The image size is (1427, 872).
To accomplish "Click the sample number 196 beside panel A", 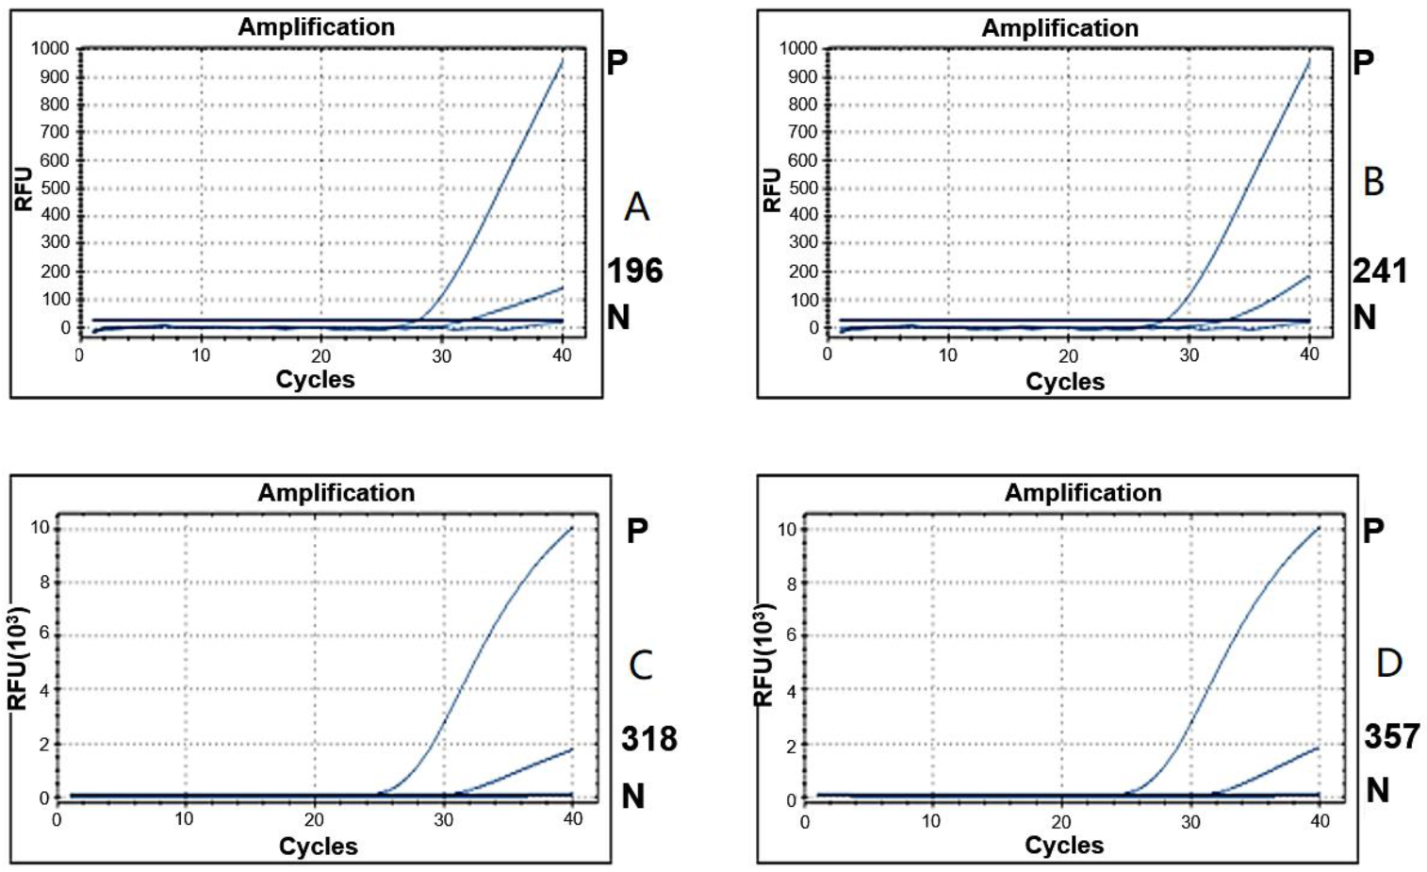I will click(634, 271).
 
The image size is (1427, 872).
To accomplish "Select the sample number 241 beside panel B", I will click(1380, 271).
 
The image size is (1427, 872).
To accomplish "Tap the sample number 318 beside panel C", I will click(648, 739).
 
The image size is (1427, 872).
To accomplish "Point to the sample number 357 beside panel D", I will click(1391, 736).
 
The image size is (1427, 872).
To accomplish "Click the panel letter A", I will click(637, 206).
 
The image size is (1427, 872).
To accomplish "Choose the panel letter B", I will click(1373, 182).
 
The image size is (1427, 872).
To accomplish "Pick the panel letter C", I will click(641, 666).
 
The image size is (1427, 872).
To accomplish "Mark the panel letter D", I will click(1388, 664).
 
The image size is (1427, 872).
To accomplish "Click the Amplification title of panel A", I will click(316, 27).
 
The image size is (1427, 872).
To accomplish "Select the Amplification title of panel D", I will click(1082, 493).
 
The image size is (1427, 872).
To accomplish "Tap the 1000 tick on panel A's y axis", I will click(51, 49).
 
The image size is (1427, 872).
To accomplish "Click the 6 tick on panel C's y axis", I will click(43, 634).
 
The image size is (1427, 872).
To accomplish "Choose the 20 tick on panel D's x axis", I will click(1061, 822).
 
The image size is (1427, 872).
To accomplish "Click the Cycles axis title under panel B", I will click(1064, 382).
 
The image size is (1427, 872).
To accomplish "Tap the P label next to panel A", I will click(617, 63).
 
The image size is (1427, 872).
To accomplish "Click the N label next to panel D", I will click(1377, 790).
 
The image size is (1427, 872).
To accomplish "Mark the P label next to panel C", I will click(637, 532).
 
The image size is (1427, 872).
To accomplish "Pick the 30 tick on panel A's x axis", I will click(441, 356).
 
